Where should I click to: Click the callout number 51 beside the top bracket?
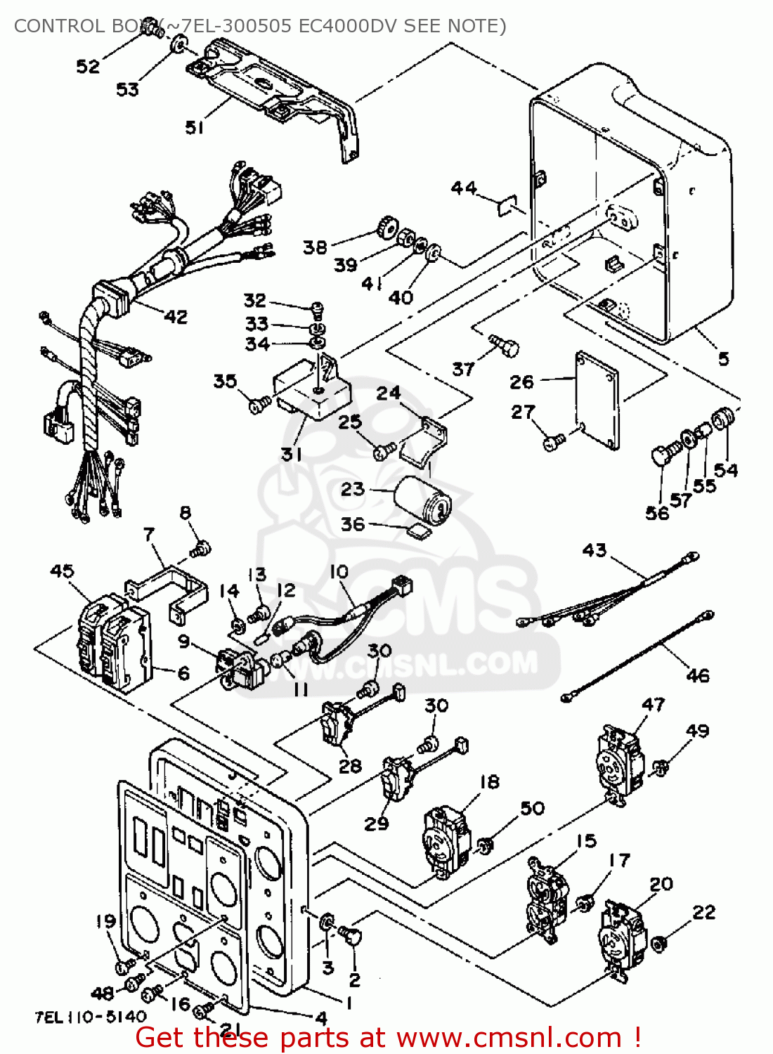[x=195, y=127]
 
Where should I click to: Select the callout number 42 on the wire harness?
[x=176, y=317]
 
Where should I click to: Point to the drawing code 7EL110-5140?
[x=91, y=1016]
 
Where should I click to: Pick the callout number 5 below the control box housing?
[x=723, y=359]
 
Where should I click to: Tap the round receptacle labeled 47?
[x=621, y=762]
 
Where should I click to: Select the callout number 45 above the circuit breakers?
[x=62, y=571]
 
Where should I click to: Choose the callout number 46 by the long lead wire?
[x=697, y=675]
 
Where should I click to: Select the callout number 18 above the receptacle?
[x=489, y=781]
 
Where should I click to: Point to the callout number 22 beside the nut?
[x=703, y=912]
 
